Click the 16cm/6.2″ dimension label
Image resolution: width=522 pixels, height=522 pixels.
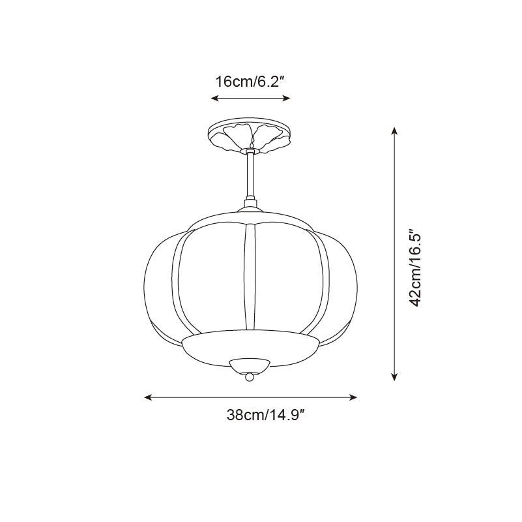(251, 82)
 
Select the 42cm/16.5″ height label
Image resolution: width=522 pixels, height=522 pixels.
(416, 267)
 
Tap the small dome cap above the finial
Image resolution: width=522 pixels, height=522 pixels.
(249, 364)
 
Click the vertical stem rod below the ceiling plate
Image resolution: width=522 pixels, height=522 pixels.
(249, 176)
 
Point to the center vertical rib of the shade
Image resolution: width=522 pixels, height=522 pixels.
(248, 277)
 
